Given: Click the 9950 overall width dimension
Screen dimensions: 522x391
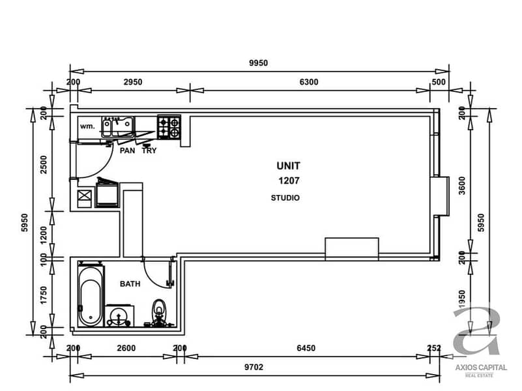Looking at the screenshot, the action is pyautogui.click(x=258, y=63).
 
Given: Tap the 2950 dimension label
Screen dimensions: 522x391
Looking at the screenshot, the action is pyautogui.click(x=133, y=82).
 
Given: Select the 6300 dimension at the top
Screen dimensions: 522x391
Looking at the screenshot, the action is pyautogui.click(x=309, y=82).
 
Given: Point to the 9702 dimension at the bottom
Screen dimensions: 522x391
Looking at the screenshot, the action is pyautogui.click(x=254, y=367).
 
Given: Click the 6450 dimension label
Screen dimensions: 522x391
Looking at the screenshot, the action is pyautogui.click(x=306, y=348).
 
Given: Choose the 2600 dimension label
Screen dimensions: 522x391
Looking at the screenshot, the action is pyautogui.click(x=126, y=348).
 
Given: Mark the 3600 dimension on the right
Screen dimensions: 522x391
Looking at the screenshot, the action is pyautogui.click(x=462, y=185).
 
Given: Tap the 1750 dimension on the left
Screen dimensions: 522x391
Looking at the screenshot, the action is pyautogui.click(x=44, y=295).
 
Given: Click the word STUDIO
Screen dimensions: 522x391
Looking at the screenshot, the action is pyautogui.click(x=285, y=198).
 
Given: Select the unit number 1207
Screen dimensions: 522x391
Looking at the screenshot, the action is pyautogui.click(x=289, y=181).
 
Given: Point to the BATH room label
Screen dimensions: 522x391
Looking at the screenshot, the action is pyautogui.click(x=130, y=284).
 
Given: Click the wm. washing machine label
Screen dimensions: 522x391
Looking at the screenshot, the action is pyautogui.click(x=87, y=126).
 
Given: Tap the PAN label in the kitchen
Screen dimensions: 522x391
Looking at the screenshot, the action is pyautogui.click(x=127, y=151).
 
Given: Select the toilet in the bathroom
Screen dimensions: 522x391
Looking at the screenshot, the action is pyautogui.click(x=159, y=312).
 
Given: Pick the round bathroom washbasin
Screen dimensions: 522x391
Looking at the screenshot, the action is pyautogui.click(x=119, y=316).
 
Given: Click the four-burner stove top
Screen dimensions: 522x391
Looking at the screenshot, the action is pyautogui.click(x=169, y=127).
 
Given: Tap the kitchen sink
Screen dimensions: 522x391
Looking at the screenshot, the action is pyautogui.click(x=118, y=127).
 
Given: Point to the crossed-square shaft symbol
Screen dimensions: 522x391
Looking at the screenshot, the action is pyautogui.click(x=84, y=195).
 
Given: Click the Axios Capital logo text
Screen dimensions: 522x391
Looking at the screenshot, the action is pyautogui.click(x=481, y=368).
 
